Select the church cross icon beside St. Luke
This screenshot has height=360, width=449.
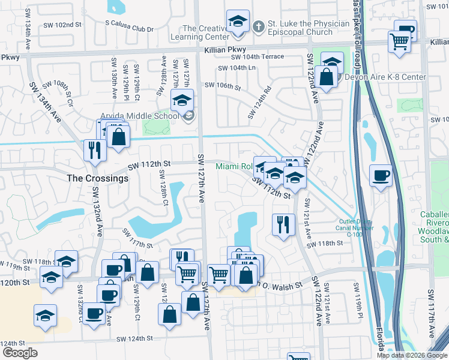tap(258, 26)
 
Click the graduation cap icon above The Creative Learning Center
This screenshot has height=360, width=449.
tap(238, 23)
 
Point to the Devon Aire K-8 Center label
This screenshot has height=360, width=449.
tap(385, 77)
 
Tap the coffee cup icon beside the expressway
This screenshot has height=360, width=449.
tap(381, 176)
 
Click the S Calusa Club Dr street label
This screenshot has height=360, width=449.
tap(129, 29)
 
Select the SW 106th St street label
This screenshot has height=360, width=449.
tap(222, 86)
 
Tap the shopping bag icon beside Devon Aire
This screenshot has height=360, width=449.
tap(325, 77)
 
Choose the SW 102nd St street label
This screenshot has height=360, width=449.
tap(62, 25)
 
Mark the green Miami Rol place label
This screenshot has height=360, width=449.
tap(234, 166)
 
